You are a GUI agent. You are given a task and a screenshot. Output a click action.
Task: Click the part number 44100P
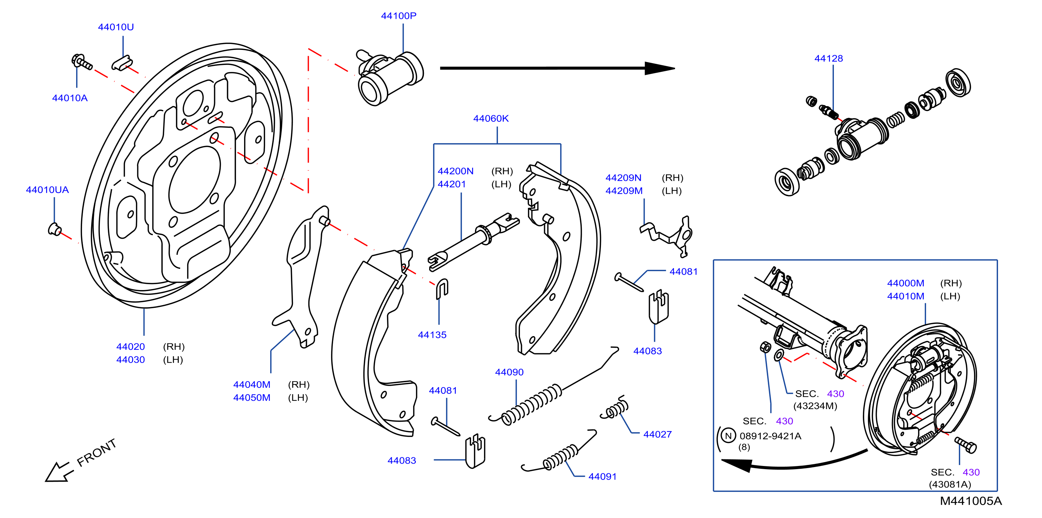click(398, 16)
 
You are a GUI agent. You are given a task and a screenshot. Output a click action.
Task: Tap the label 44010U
click(116, 27)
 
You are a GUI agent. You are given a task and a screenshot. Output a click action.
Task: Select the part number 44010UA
click(47, 190)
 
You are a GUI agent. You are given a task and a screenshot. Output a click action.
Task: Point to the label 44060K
click(491, 118)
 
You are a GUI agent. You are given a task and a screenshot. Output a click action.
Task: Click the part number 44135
click(432, 335)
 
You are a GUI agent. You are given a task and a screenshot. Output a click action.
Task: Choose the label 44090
click(509, 372)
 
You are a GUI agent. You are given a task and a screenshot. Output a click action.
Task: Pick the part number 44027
click(657, 434)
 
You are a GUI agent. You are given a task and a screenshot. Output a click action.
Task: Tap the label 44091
click(602, 476)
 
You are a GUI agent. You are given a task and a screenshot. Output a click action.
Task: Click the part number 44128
click(828, 58)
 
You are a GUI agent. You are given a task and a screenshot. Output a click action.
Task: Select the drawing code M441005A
click(971, 501)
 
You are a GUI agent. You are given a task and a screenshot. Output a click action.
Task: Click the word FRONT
click(97, 452)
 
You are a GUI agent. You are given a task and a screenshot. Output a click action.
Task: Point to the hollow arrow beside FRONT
click(59, 472)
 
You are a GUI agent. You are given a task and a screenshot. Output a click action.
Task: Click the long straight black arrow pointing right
click(557, 68)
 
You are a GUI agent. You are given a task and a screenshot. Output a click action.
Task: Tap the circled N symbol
click(728, 436)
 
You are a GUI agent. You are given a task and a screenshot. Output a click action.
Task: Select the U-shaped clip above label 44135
click(442, 289)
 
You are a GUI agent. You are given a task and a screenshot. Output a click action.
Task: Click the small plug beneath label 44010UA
click(54, 229)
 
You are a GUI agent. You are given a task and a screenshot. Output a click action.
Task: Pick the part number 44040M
click(252, 385)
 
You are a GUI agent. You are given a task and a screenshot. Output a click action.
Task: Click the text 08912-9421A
click(770, 436)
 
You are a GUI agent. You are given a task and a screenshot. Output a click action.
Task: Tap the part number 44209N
click(623, 178)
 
